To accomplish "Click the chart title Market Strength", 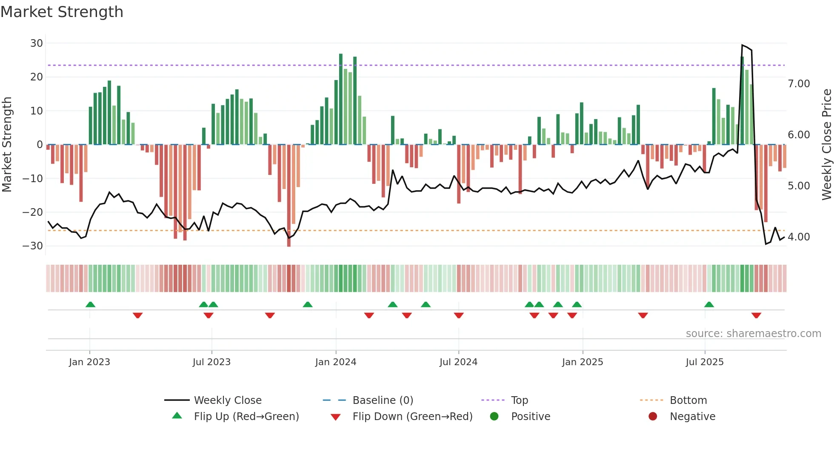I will (62, 12).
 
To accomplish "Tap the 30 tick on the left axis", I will (37, 43).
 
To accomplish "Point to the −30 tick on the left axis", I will (33, 246).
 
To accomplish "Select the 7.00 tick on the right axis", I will (799, 83).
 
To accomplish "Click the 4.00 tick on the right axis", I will (799, 237).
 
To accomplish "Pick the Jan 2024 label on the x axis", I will (336, 362).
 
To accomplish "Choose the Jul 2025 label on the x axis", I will (705, 362).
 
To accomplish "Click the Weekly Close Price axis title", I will (826, 145).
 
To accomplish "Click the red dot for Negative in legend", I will (653, 416).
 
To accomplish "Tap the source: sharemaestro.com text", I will (753, 333).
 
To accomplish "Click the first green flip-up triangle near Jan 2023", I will (90, 304).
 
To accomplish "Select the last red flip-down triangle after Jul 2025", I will (756, 315).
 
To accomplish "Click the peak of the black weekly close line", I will (742, 45).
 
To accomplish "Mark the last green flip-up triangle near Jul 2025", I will (709, 304).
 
